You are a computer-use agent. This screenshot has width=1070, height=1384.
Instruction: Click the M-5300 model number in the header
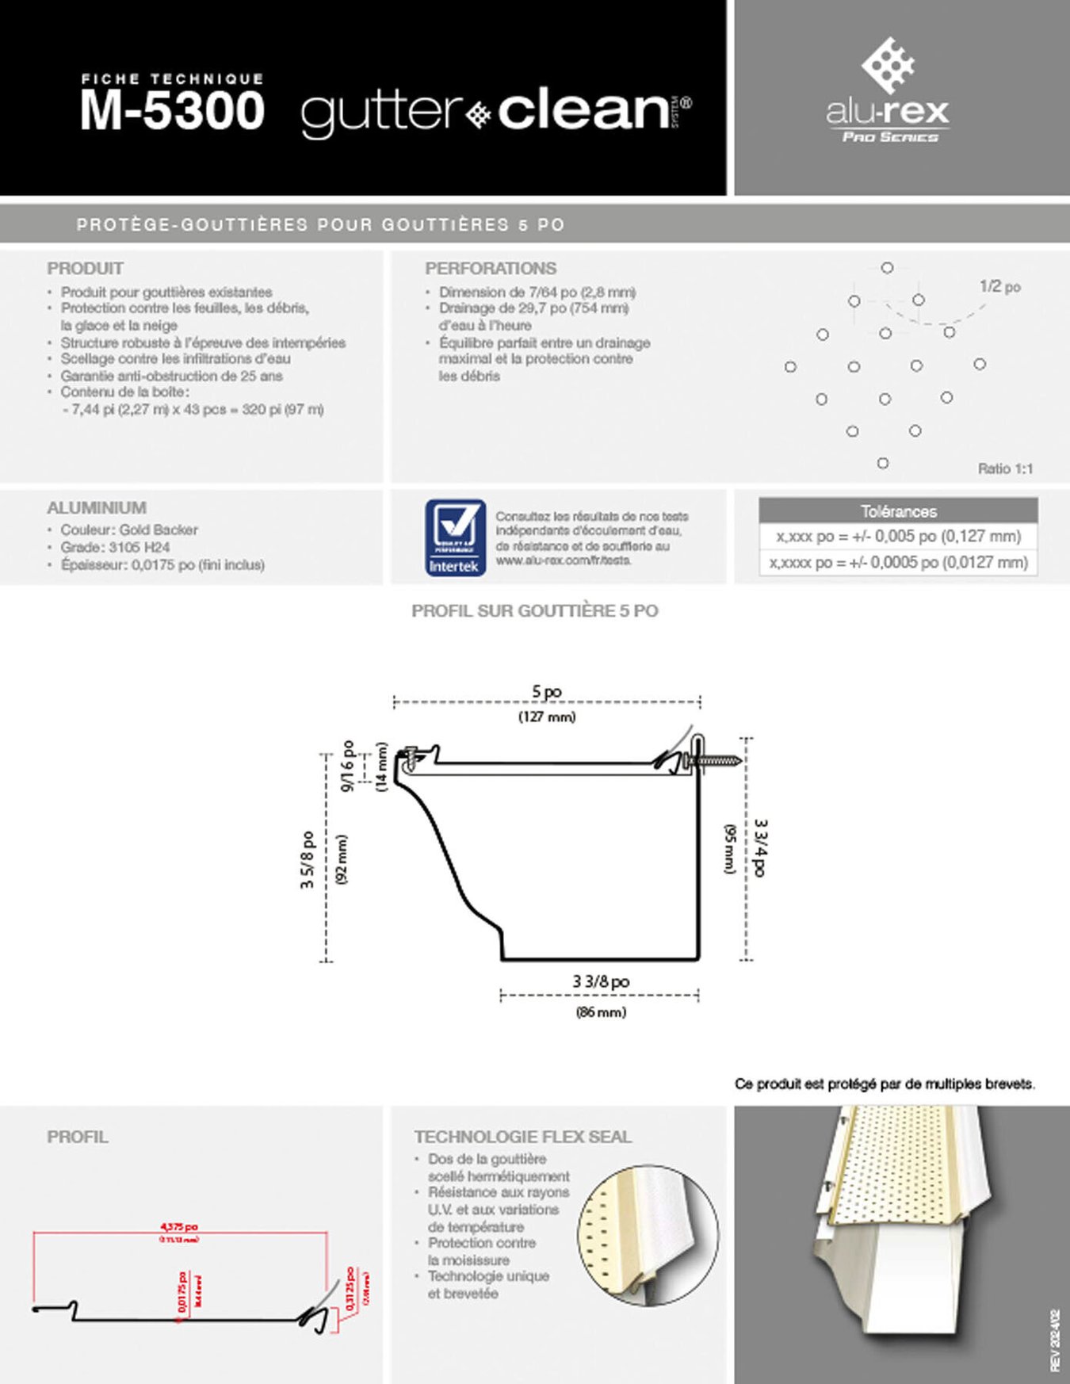point(172,110)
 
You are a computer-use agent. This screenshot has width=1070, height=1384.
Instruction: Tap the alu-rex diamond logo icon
point(888,64)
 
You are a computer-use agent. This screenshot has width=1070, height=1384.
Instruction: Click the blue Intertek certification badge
point(455,537)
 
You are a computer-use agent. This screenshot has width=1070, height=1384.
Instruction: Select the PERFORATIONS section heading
point(490,268)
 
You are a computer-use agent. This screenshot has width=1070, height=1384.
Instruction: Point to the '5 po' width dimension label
point(547,691)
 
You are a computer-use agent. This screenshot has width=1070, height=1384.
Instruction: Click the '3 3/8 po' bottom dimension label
point(601,981)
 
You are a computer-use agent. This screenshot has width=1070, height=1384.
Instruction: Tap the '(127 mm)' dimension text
point(547,717)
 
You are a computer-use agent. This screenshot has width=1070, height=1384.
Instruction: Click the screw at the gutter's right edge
point(716,761)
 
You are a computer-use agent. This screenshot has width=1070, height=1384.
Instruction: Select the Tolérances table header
point(898,510)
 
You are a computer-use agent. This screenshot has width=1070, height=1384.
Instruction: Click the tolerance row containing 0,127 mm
point(898,537)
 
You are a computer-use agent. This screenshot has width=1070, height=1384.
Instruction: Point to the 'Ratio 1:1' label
point(1005,468)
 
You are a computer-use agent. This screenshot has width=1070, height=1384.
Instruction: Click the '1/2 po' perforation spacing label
point(999,286)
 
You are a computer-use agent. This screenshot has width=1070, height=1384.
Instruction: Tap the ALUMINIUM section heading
point(97,507)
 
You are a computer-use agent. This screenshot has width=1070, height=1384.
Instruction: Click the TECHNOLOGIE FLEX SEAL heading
point(522,1137)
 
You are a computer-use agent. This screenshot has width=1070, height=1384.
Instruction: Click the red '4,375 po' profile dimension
point(179,1227)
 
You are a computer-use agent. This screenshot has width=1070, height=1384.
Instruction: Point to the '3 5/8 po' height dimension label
point(308,859)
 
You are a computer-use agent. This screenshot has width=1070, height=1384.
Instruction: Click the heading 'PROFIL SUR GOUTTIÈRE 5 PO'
point(534,610)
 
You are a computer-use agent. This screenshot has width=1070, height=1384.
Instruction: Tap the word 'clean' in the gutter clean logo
point(583,110)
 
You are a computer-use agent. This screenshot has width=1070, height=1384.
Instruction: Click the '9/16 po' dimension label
point(347,766)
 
